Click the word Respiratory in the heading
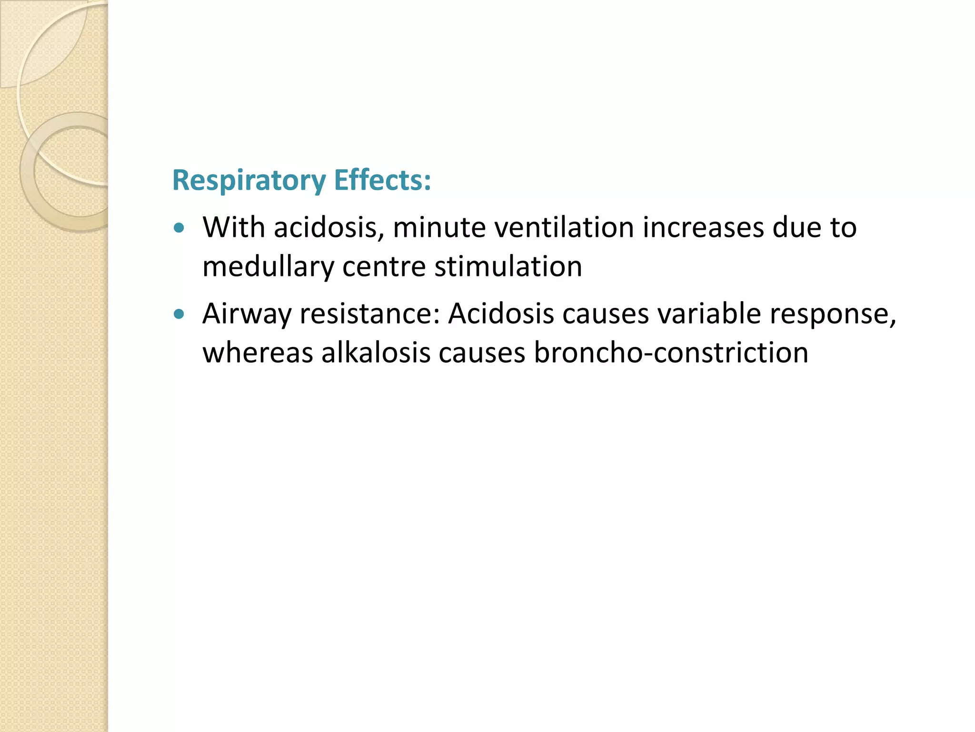249,181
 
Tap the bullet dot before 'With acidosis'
179,228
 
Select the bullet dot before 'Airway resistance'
179,314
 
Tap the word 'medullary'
268,267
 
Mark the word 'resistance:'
369,314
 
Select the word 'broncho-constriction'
671,353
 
